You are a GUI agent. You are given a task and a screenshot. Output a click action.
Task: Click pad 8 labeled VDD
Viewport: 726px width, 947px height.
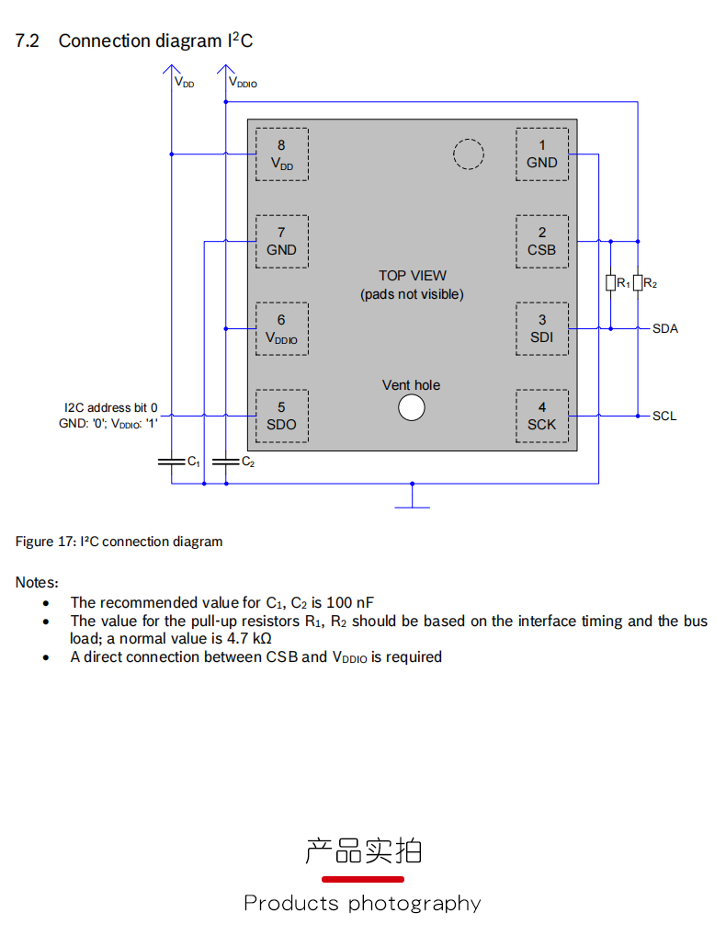281,154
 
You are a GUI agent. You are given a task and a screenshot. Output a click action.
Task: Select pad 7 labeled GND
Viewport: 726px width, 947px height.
281,241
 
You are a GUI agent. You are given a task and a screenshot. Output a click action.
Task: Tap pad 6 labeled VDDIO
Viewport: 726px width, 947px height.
281,328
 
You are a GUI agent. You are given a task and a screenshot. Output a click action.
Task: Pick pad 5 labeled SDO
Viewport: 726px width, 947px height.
281,416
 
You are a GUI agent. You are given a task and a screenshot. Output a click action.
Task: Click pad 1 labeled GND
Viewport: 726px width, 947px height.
542,154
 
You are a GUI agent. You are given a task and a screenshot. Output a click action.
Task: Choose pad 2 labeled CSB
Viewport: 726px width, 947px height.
542,241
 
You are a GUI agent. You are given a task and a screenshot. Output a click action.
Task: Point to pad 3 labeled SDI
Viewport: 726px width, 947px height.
542,328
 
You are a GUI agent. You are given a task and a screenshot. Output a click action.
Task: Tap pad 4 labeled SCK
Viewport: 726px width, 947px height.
542,416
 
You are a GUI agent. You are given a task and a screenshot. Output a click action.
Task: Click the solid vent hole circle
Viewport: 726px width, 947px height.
412,407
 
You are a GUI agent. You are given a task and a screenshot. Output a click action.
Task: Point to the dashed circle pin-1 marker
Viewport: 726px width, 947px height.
469,154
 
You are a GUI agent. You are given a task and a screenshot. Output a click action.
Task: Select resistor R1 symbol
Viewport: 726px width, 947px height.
610,283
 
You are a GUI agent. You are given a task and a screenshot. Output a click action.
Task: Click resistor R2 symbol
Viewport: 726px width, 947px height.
637,283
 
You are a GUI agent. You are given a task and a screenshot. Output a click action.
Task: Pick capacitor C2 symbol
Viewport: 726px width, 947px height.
225,462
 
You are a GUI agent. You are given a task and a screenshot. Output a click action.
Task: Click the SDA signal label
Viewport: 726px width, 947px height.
665,328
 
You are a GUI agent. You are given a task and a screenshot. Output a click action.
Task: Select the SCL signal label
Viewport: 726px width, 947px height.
664,416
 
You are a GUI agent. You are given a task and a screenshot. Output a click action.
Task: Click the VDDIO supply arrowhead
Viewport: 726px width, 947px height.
225,70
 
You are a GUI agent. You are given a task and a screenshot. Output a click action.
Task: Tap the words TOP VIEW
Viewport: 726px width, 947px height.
413,276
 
